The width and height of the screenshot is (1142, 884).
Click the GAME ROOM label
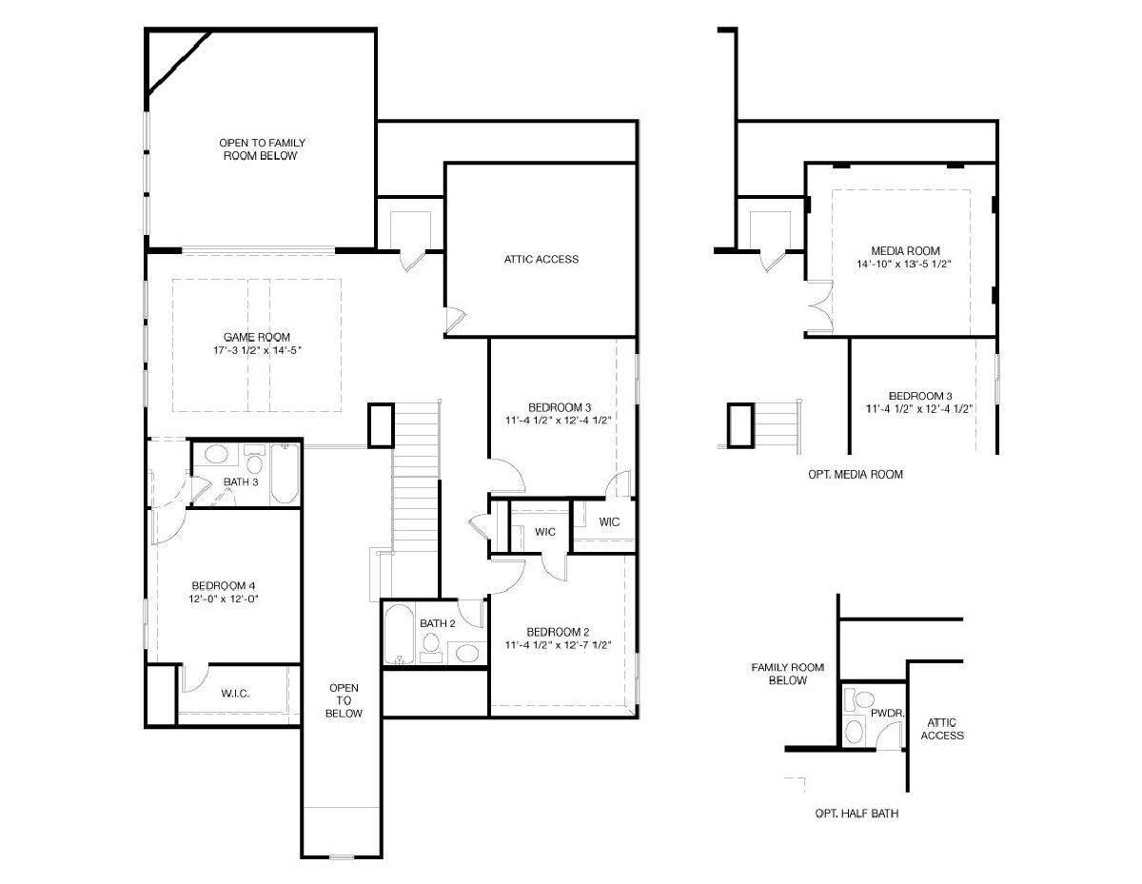point(256,337)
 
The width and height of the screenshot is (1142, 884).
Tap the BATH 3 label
point(241,481)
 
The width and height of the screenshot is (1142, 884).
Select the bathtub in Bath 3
point(285,474)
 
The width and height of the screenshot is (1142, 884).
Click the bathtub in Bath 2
point(399,635)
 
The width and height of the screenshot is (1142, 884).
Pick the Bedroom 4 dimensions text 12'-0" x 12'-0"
point(224,599)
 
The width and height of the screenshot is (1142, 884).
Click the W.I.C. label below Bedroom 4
point(235,694)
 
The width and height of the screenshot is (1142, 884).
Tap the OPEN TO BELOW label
point(344,700)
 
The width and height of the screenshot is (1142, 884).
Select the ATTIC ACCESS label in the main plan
point(541,259)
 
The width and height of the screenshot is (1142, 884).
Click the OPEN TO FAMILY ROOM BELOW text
point(262,149)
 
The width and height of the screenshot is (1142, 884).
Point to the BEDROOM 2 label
point(558,632)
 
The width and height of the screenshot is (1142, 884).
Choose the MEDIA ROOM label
point(905,251)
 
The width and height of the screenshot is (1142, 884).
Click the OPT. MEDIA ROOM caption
point(856,474)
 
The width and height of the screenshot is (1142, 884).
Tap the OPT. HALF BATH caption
point(856,814)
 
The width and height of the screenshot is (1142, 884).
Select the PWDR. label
point(888,714)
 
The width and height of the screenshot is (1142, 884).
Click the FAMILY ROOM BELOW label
point(787,674)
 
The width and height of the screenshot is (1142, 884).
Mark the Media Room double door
point(819,306)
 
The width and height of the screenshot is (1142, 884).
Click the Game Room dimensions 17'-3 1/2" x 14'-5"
point(257,350)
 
